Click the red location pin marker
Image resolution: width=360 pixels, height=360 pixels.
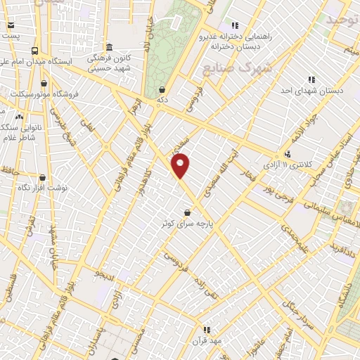181,165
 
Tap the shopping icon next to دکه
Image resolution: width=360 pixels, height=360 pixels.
163,89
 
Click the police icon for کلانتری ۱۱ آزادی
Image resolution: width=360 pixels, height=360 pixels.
287,153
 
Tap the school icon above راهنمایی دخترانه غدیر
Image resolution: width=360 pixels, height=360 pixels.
235,26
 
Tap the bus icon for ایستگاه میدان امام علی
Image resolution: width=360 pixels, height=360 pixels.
34,51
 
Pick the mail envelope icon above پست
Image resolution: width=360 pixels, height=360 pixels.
10,25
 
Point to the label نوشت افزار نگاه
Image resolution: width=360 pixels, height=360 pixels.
46,188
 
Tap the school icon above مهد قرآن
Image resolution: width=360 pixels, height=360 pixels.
206,329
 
